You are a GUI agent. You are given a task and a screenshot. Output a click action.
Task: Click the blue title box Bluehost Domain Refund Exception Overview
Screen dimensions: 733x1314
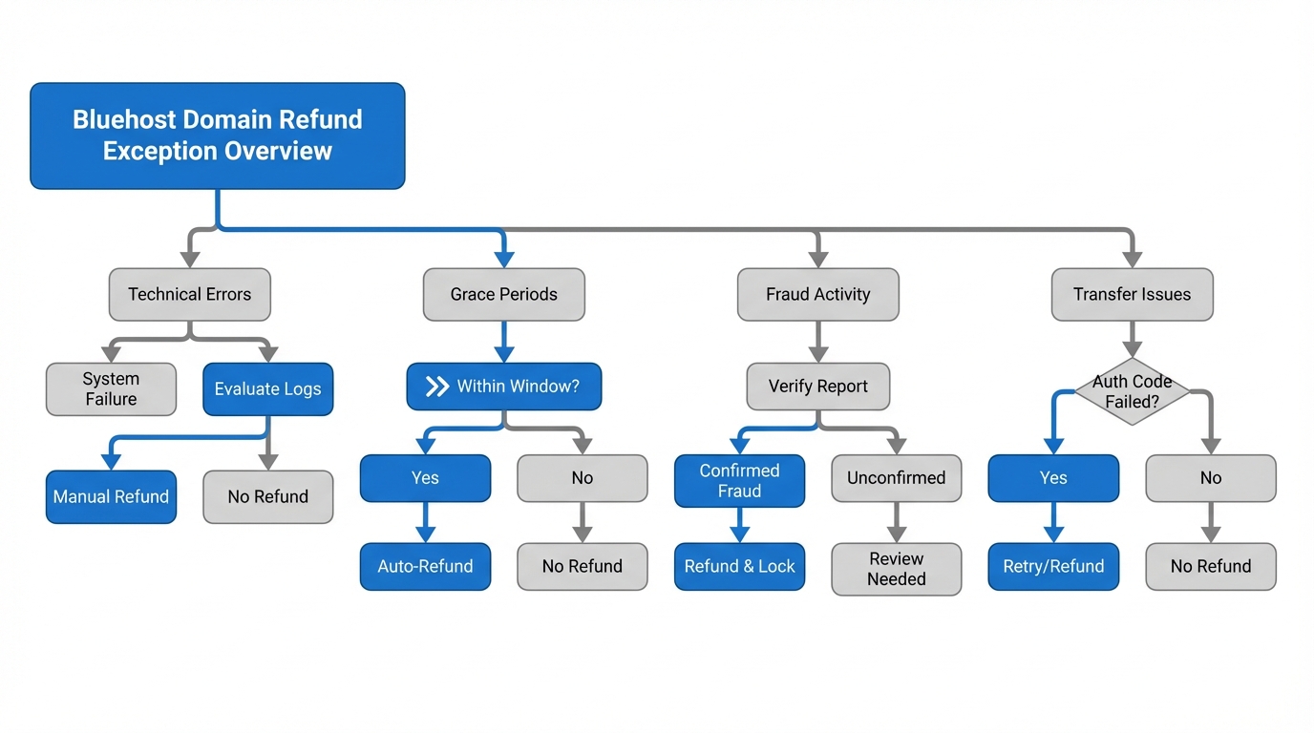point(218,136)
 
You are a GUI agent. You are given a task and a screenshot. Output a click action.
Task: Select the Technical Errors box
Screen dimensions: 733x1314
point(190,294)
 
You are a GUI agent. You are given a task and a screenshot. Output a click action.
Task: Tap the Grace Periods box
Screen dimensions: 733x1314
point(503,294)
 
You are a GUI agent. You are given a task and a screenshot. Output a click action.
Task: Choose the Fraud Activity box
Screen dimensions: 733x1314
point(817,294)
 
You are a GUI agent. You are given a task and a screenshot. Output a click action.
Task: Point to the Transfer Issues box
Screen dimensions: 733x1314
point(1132,294)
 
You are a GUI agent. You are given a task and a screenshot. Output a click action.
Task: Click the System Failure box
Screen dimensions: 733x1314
point(111,389)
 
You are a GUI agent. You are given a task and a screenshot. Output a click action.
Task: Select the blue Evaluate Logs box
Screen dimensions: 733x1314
point(267,389)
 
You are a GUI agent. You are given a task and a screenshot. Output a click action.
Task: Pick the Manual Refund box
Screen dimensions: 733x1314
point(111,496)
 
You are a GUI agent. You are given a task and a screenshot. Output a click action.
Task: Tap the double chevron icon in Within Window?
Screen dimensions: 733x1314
point(436,387)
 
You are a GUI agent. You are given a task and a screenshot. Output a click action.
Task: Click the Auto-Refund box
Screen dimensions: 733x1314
point(425,566)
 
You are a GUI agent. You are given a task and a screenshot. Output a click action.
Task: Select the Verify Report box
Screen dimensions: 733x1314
point(817,387)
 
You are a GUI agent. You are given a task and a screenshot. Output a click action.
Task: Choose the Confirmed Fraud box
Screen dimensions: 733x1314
point(739,481)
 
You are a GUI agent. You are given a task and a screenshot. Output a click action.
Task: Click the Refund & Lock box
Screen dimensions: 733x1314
point(739,566)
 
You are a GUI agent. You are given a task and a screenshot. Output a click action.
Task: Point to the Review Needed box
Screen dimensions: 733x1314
point(896,569)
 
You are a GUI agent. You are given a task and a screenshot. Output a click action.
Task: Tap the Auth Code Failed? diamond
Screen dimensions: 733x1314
point(1132,391)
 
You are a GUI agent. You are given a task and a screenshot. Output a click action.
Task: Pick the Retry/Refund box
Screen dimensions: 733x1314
point(1053,566)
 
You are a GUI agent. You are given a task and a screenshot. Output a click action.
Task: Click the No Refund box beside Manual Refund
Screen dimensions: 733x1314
point(267,496)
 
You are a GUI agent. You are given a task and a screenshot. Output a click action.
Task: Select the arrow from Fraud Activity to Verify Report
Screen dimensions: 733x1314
point(817,342)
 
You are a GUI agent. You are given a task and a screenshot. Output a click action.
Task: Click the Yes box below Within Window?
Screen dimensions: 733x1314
point(425,478)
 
